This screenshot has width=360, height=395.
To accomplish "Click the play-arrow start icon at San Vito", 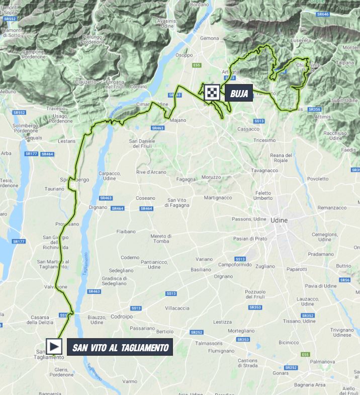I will pos(54,346).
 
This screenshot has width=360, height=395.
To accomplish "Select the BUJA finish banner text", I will pos(239,93).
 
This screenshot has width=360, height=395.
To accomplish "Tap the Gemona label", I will pos(209,38).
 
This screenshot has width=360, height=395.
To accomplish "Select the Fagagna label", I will pos(186,179).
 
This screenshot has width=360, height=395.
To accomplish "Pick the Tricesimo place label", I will pos(265,140).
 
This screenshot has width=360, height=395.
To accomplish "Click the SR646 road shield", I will pos(323,15).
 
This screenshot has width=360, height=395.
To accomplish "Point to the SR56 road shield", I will pos(344,280).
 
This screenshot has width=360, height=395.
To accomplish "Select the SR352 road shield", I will pos(308,315).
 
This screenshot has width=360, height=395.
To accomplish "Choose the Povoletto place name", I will pos(317,178).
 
